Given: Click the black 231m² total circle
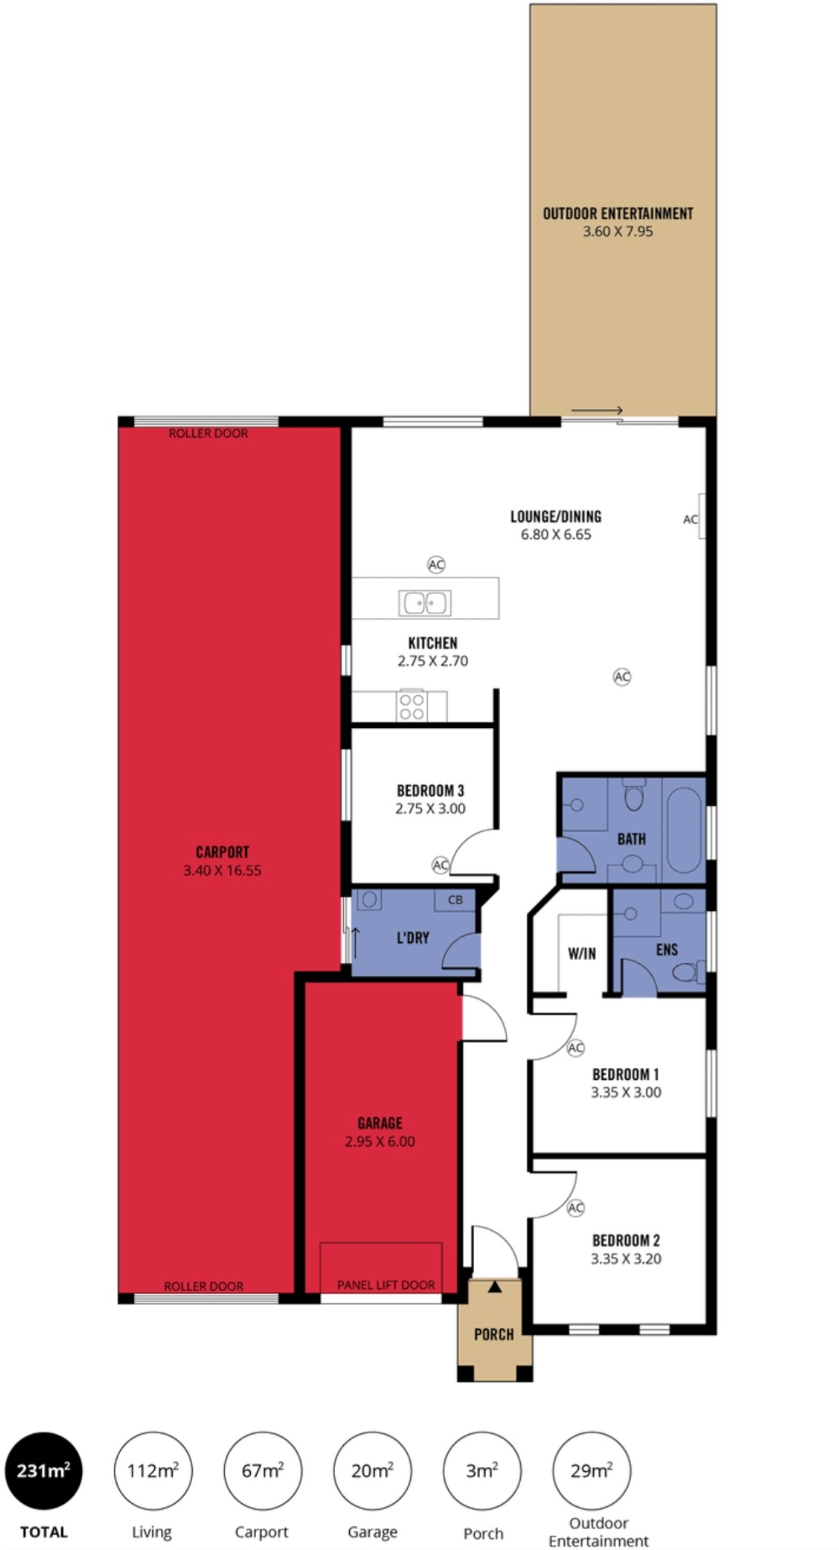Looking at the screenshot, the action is point(44,1470).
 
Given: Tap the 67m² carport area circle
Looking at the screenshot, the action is point(263,1470).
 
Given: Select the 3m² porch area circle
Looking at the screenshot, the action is point(482,1470).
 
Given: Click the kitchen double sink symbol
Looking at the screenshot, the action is point(425,603).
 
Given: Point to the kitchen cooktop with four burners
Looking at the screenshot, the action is point(411,705).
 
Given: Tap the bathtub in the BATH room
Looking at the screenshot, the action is point(684,830).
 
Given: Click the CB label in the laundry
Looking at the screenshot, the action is point(456,899).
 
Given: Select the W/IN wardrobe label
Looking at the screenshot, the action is point(581,953).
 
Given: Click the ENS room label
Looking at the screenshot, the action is point(667,950).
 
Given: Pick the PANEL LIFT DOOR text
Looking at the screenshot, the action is point(386,1285).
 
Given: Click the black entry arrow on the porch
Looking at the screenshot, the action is point(495,1286).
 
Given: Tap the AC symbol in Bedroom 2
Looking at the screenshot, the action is point(576,1207).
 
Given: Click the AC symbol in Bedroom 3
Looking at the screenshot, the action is point(440,864).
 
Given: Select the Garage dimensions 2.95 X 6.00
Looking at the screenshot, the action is point(380,1141).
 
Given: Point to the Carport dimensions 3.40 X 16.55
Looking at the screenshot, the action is point(222,871).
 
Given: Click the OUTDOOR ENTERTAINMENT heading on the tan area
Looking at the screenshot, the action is point(618,213).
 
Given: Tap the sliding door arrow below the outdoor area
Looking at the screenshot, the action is point(597,411).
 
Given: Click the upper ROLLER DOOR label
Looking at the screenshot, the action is point(209,433).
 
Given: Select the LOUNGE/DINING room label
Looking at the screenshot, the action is point(556,516).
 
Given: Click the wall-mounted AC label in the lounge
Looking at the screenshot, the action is point(690,520).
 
